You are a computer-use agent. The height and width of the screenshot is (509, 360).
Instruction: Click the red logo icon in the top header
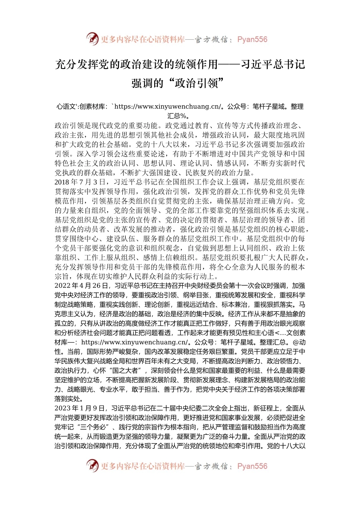[x=92, y=39]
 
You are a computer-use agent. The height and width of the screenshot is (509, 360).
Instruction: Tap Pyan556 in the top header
[x=252, y=39]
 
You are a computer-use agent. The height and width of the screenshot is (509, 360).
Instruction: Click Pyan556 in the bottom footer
[x=252, y=466]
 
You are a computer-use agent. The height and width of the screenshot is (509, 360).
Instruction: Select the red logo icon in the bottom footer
[x=92, y=465]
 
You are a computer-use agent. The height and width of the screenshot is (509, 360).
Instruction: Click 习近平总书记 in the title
[x=273, y=64]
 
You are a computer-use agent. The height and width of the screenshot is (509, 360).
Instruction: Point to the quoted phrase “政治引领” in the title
[x=197, y=83]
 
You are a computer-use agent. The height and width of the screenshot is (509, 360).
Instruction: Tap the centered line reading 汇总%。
[x=180, y=116]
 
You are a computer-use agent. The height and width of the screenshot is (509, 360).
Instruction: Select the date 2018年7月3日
[x=79, y=182]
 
